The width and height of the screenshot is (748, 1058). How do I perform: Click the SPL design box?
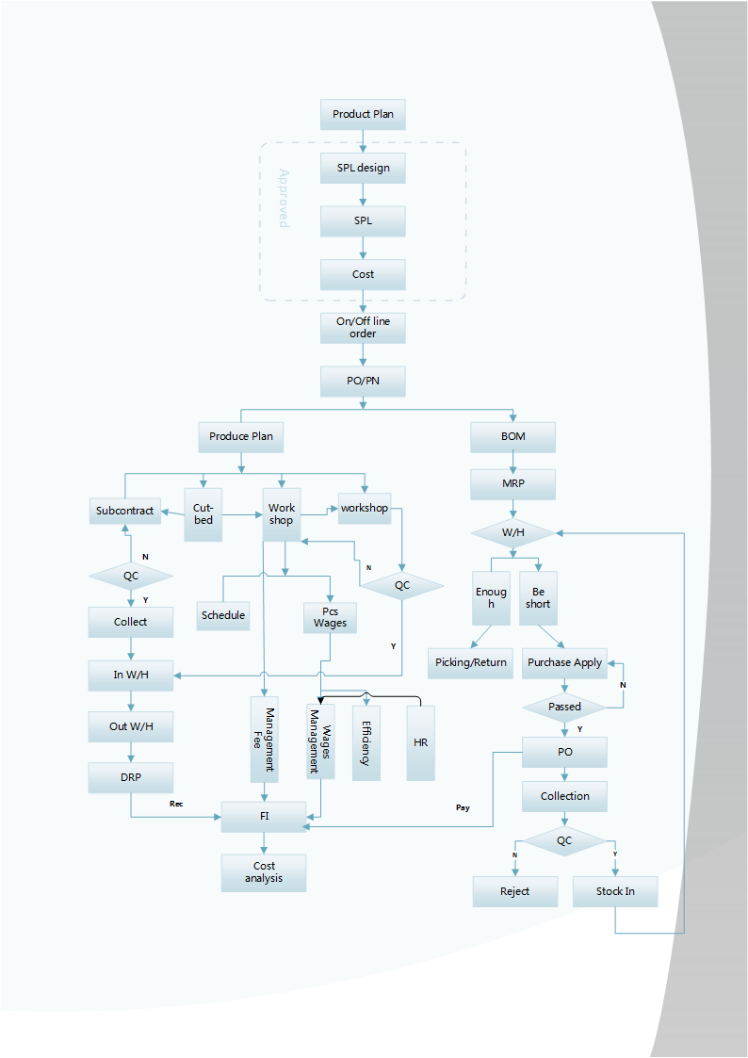click(363, 169)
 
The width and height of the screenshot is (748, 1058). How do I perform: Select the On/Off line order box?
click(363, 327)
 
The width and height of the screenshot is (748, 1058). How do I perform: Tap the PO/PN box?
click(363, 382)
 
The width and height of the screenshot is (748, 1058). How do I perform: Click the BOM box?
click(512, 436)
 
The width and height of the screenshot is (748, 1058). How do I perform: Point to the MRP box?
click(512, 484)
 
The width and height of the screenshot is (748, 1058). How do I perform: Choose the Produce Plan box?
click(241, 436)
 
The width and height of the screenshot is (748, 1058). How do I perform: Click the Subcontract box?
click(124, 511)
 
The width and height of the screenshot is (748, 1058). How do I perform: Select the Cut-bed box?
click(203, 514)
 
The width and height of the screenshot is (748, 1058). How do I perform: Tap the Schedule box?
click(223, 615)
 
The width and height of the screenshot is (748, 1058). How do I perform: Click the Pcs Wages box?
click(330, 617)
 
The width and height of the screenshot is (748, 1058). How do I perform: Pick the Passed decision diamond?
click(564, 707)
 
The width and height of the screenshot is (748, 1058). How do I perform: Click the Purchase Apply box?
click(564, 662)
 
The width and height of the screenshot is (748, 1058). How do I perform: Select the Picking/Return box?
click(470, 662)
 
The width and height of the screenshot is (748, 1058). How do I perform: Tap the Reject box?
click(514, 891)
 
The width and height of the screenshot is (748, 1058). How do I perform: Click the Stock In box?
click(615, 891)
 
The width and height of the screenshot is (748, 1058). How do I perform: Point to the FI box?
click(264, 816)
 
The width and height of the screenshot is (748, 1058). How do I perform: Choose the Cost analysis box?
click(264, 872)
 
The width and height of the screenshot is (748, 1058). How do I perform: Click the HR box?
click(420, 742)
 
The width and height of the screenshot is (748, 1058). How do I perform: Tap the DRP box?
click(130, 777)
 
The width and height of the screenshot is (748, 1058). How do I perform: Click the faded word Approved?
click(283, 198)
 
